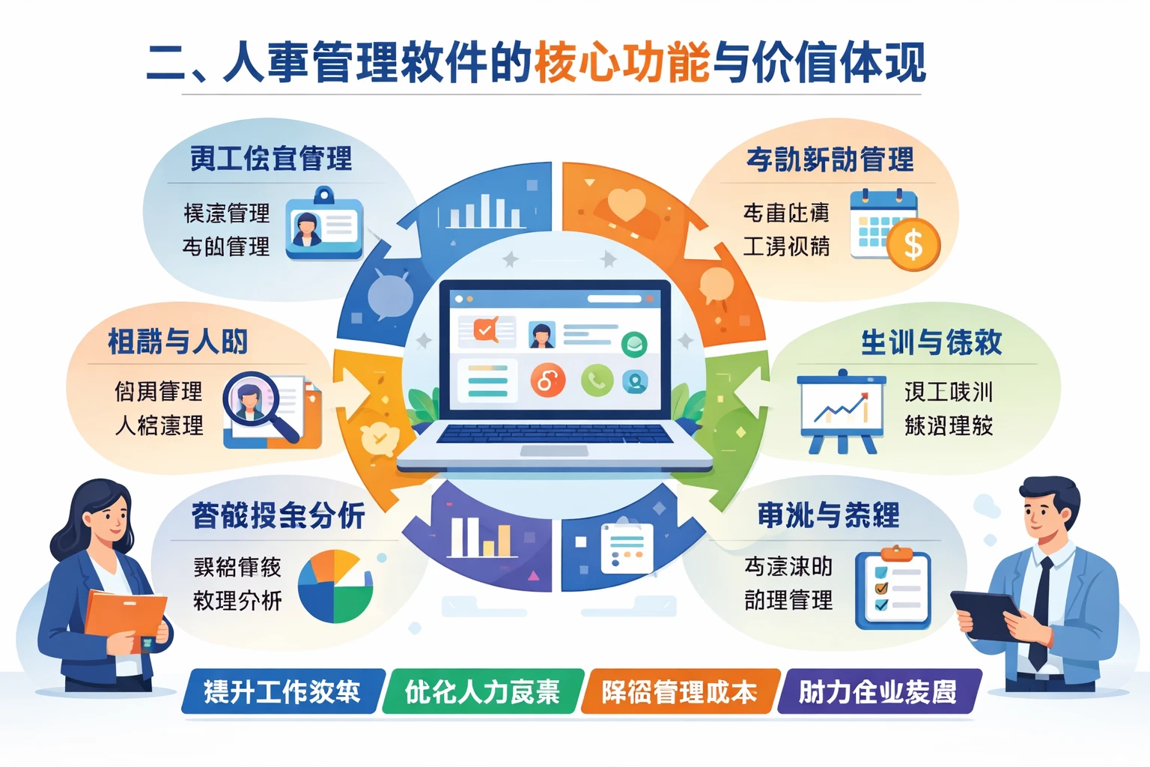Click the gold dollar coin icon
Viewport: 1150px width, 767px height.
[913, 244]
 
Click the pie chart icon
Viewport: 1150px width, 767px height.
[335, 586]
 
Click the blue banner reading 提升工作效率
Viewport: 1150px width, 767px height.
[282, 691]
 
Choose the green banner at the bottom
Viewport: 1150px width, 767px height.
[483, 691]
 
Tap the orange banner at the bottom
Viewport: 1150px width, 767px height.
[680, 691]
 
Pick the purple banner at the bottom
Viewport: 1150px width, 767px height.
[877, 691]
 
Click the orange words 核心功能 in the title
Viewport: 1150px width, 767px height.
[621, 63]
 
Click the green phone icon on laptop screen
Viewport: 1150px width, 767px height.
[596, 381]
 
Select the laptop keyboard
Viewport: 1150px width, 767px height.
[555, 434]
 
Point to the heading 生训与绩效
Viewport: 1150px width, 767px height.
[931, 342]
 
